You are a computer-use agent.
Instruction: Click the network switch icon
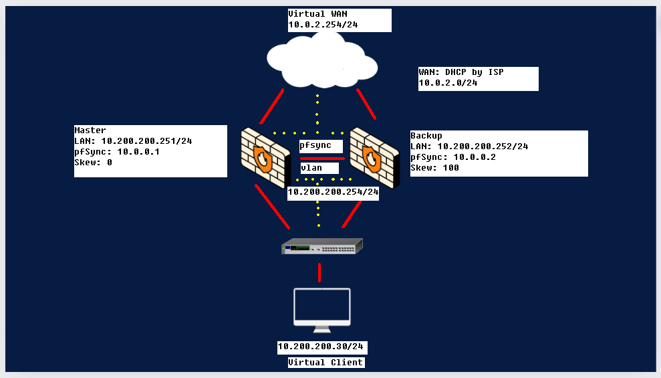(321, 247)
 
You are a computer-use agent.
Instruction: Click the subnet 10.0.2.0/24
(448, 83)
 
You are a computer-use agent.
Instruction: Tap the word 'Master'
(90, 130)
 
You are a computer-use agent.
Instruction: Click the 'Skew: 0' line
(93, 162)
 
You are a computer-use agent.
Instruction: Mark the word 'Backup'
(426, 135)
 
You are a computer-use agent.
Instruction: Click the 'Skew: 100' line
(434, 168)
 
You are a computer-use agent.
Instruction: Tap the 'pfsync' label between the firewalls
(315, 145)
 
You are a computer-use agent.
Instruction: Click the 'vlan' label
(311, 168)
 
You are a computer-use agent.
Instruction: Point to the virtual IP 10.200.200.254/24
(333, 192)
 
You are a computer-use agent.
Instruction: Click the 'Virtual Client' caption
(325, 363)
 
